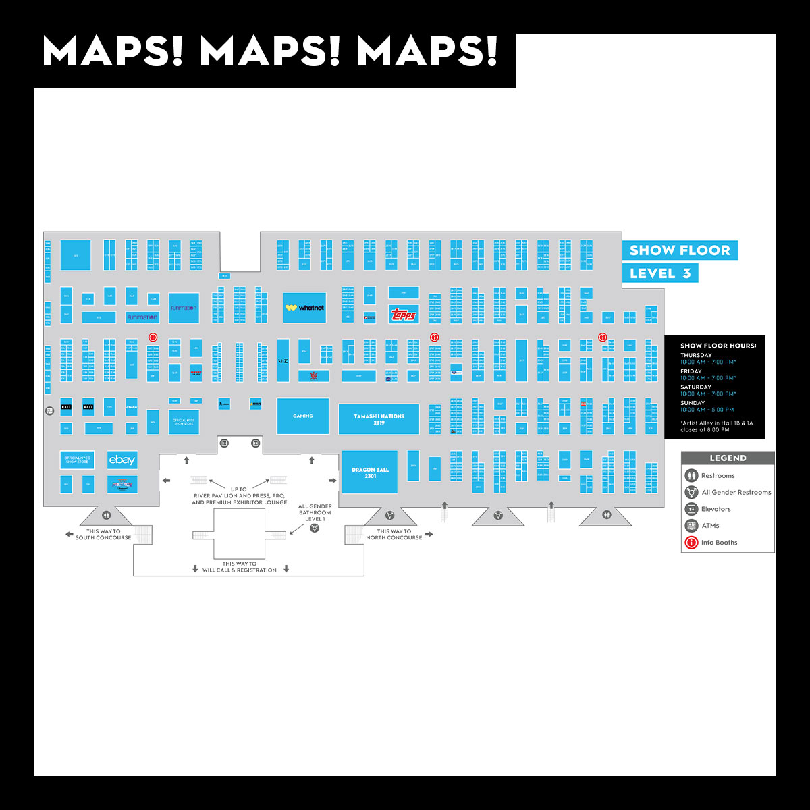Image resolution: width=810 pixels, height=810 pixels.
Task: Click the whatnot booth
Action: [x=304, y=308]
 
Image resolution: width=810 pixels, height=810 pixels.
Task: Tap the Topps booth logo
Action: [x=404, y=315]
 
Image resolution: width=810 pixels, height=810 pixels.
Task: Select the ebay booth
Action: [x=122, y=460]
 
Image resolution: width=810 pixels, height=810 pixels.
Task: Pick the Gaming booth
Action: [x=302, y=416]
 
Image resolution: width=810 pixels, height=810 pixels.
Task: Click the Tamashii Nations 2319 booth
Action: [x=379, y=419]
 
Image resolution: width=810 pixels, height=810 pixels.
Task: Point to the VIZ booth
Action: [x=283, y=361]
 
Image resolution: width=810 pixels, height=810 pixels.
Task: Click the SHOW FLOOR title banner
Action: [x=679, y=250]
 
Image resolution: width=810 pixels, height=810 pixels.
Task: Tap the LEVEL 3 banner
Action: [x=659, y=273]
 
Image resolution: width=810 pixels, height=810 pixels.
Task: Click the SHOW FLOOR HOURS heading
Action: [x=718, y=346]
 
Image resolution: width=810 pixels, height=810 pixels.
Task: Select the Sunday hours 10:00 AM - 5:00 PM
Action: [x=707, y=410]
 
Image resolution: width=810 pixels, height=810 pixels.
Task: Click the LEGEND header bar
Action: [x=728, y=458]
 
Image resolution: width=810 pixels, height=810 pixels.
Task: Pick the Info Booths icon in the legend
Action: [x=691, y=543]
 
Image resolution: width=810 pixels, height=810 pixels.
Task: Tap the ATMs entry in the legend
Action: [x=710, y=526]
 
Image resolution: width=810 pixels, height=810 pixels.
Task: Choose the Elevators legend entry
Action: [x=715, y=509]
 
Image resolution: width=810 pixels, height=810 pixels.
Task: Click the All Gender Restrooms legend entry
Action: [x=736, y=492]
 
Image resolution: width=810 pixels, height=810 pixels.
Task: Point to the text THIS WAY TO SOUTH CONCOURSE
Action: [x=103, y=535]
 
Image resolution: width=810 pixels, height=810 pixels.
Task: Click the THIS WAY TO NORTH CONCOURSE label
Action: [x=394, y=535]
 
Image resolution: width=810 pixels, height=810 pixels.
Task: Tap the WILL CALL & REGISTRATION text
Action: [x=240, y=570]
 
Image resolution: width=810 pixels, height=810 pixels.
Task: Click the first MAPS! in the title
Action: [x=113, y=51]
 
